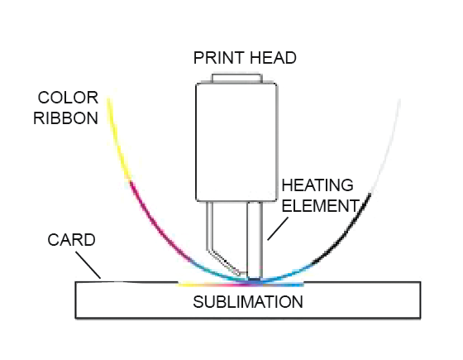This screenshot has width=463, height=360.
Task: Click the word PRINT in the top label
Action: click(x=219, y=58)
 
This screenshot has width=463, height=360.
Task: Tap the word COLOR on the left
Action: click(x=68, y=98)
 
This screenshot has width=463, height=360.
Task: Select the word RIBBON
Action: click(x=65, y=118)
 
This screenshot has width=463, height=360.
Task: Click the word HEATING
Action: click(x=317, y=185)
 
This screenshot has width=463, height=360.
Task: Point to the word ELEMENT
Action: click(x=321, y=206)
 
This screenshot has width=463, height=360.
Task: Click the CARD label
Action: click(x=71, y=240)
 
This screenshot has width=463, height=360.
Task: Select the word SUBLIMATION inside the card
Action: click(x=248, y=302)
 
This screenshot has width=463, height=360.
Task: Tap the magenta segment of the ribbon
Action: click(x=154, y=228)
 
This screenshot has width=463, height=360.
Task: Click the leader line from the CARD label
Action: click(x=88, y=265)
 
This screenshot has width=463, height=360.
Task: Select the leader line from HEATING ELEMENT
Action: click(x=278, y=229)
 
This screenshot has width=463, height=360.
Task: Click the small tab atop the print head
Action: click(x=237, y=79)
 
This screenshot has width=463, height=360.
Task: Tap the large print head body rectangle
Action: click(x=236, y=142)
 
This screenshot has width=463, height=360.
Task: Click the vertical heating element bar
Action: click(x=255, y=239)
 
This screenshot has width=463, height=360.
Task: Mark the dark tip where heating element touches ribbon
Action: click(x=255, y=278)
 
